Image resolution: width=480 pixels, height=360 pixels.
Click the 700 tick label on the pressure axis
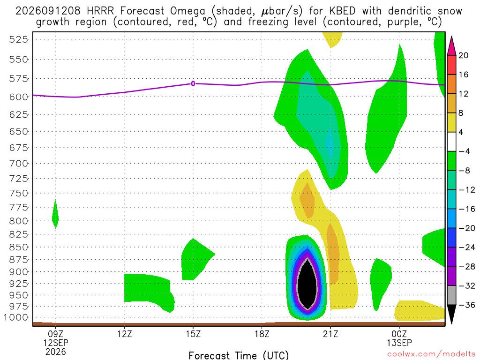click(x=19, y=163)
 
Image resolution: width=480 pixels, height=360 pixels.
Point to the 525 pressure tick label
click(x=19, y=39)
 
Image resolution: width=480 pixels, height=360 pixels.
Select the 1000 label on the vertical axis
click(x=16, y=317)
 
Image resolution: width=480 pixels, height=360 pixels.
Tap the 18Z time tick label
click(x=262, y=334)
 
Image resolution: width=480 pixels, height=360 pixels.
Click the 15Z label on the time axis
click(x=193, y=334)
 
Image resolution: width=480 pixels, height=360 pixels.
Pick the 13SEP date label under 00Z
click(x=399, y=343)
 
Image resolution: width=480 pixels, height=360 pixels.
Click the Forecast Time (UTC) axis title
click(x=239, y=355)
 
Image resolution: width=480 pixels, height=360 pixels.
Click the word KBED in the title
click(x=342, y=11)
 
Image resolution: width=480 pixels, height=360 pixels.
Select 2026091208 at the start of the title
click(x=48, y=11)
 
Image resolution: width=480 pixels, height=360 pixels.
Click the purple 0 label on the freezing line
click(x=193, y=83)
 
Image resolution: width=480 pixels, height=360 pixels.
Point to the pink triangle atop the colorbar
click(x=451, y=46)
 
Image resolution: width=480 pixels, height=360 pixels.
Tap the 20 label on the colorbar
click(x=464, y=55)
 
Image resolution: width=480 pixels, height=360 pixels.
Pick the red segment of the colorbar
click(x=451, y=65)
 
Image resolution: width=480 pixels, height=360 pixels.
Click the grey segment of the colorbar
click(x=451, y=295)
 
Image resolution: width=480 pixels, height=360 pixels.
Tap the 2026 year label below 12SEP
click(x=55, y=352)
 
